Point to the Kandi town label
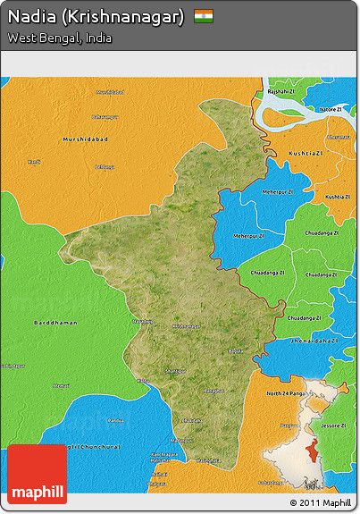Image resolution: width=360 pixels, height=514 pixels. pyautogui.click(x=34, y=162)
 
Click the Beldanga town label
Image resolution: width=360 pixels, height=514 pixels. pyautogui.click(x=105, y=166)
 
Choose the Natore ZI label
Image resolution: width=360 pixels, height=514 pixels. pyautogui.click(x=331, y=109)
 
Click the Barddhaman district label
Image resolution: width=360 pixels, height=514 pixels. pyautogui.click(x=54, y=322)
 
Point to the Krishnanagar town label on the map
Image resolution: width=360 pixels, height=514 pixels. pyautogui.click(x=187, y=326)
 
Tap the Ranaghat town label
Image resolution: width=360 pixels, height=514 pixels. pyautogui.click(x=213, y=391)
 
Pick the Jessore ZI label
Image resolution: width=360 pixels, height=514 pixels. pyautogui.click(x=337, y=426)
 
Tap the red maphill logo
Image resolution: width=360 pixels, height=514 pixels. pyautogui.click(x=37, y=473)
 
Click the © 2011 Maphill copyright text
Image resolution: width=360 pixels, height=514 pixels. pyautogui.click(x=321, y=503)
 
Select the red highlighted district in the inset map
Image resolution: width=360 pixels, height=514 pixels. pyautogui.click(x=312, y=450)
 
